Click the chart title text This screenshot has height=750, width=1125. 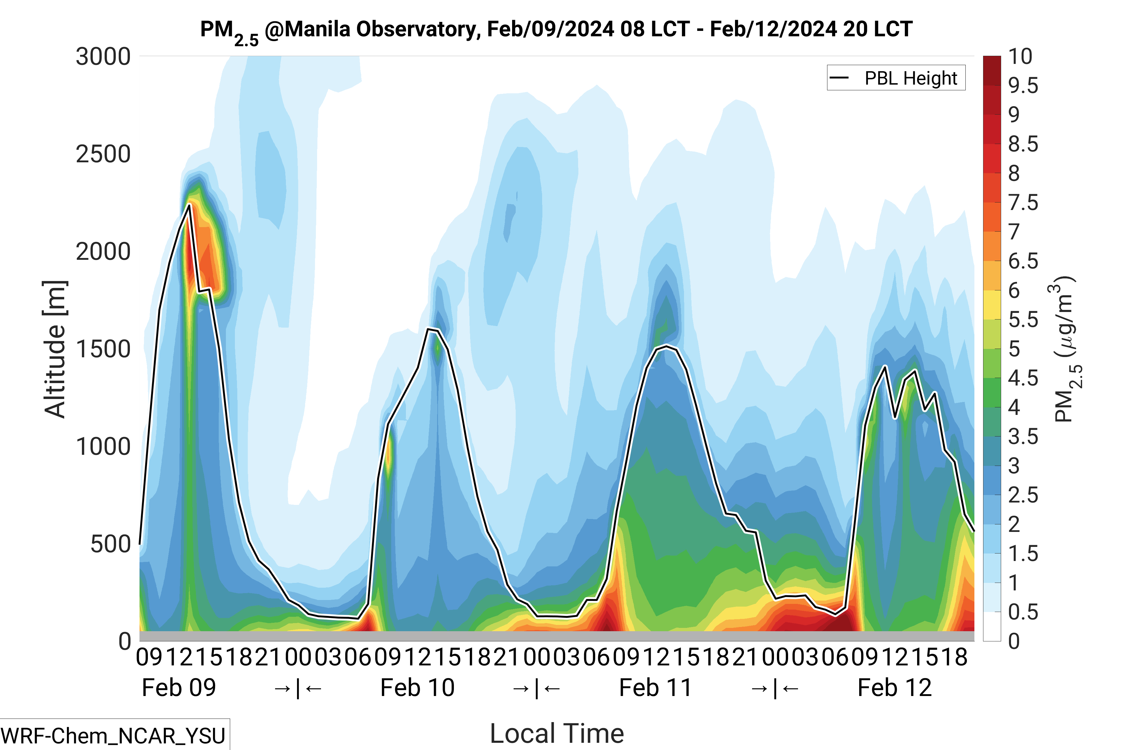point(556,30)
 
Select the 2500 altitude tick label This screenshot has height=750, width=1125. point(103,154)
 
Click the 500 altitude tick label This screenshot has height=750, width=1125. point(110,544)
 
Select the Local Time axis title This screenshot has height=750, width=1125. point(557,733)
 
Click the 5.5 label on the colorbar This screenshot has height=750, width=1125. point(1023,319)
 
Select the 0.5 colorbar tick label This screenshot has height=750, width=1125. point(1023,612)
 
